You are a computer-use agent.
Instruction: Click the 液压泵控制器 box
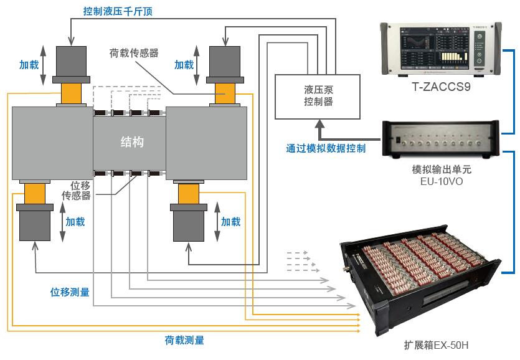point(318,97)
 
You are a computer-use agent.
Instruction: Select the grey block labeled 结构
point(131,142)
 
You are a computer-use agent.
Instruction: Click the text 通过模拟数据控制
point(326,149)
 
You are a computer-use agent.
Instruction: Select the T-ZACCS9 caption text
point(441,87)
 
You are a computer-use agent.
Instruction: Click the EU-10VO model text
point(441,182)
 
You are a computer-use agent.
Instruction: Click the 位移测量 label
point(70,291)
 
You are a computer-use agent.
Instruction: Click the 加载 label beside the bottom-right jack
point(231,221)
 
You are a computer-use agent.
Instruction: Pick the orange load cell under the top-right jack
point(225,94)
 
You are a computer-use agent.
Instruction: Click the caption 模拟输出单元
point(441,170)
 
